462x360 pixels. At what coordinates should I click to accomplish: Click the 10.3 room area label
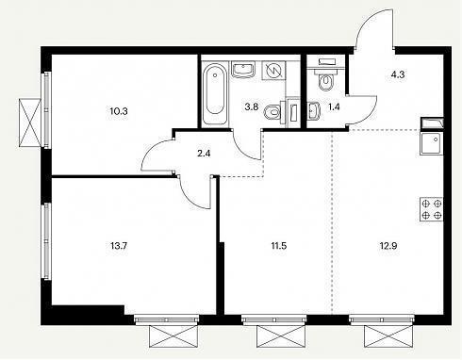coord(119,111)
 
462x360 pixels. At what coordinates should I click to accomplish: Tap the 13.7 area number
coord(119,246)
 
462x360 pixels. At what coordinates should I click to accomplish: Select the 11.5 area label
coord(279,246)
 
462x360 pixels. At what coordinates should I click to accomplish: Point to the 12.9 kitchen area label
coord(388,246)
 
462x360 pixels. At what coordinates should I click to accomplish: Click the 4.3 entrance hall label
coord(398,74)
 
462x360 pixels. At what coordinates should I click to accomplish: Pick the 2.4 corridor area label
coord(205,154)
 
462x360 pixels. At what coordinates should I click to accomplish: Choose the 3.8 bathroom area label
coord(252,106)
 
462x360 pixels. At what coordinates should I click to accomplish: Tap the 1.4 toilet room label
coord(334,106)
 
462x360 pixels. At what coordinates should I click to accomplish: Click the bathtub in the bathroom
coord(215,94)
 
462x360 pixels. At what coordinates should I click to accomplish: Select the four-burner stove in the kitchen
coord(432,209)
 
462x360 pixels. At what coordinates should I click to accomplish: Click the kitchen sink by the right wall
coord(432,143)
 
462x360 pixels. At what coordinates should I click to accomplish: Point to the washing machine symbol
coord(273,71)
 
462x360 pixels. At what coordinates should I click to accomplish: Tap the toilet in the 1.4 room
coord(326,78)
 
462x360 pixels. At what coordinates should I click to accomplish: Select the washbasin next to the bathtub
coord(243,70)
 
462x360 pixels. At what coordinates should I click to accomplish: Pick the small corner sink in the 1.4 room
coord(313,111)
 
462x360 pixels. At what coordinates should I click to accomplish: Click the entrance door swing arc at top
coord(369,20)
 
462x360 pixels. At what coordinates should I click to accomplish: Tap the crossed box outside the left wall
coord(30,123)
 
